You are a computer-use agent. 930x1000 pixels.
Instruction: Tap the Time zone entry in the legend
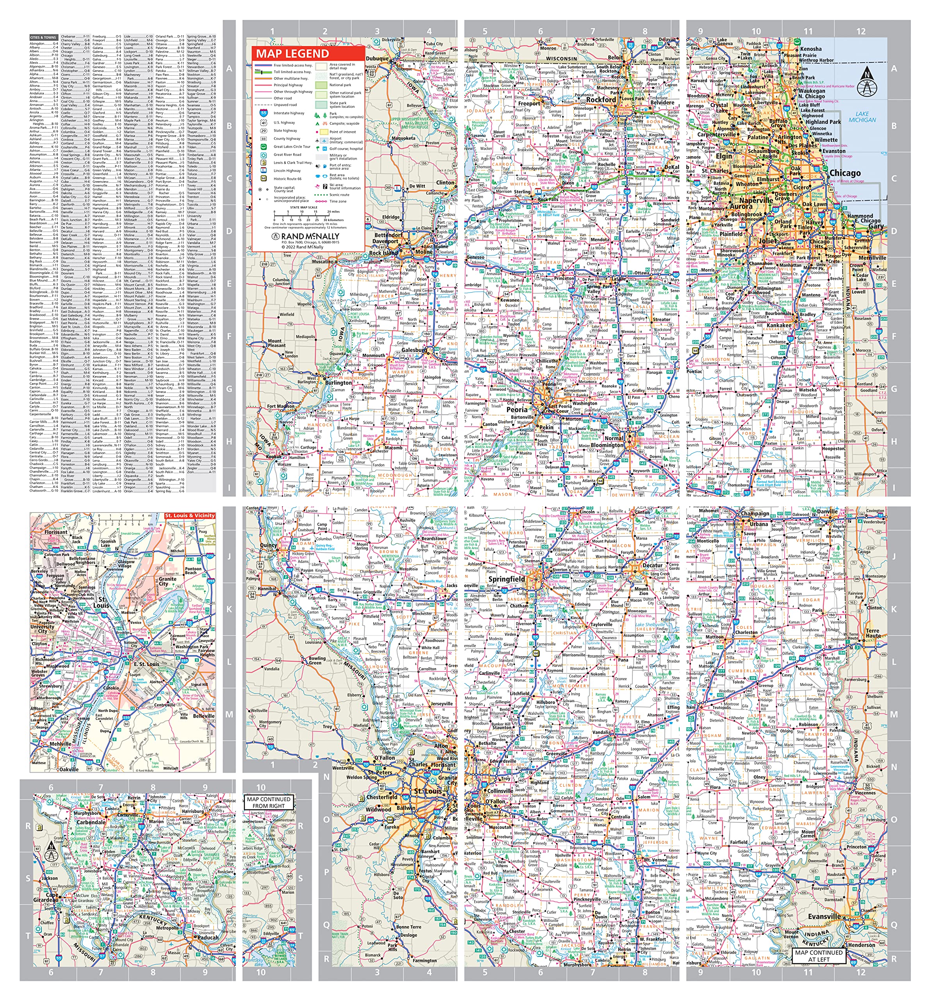tap(337, 201)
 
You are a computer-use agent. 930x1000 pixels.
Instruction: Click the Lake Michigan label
tap(862, 117)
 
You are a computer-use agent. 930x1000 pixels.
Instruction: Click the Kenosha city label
tap(810, 49)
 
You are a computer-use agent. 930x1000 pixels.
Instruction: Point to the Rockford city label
tap(601, 100)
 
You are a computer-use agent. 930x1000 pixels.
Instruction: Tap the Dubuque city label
tap(377, 58)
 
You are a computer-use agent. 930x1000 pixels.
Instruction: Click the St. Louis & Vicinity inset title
tap(189, 516)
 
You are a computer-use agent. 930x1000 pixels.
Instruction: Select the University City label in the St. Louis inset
tap(43, 629)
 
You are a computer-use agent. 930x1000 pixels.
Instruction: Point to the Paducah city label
tap(208, 937)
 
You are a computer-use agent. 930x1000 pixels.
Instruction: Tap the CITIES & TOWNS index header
tap(43, 37)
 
